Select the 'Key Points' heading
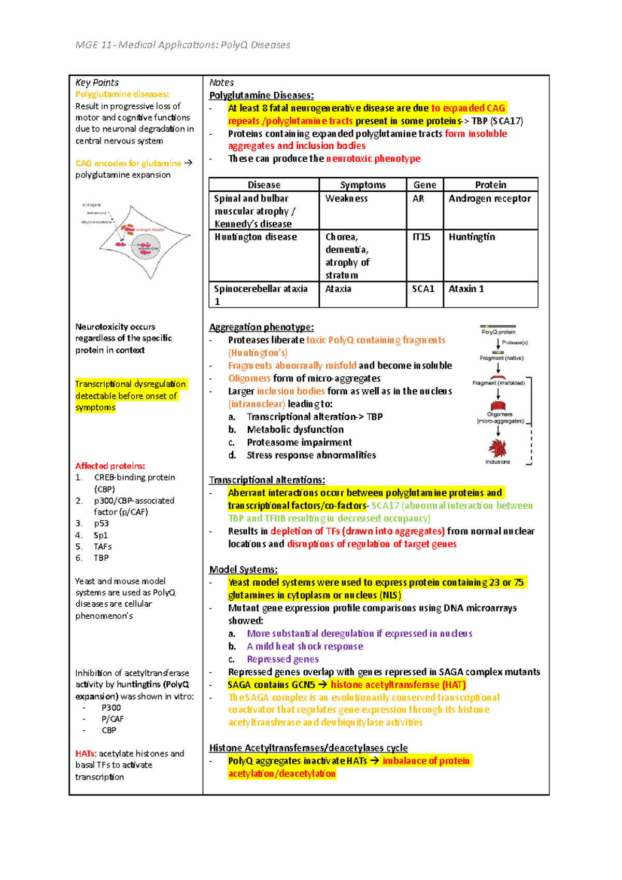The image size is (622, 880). point(97,82)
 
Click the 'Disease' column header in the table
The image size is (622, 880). point(264,185)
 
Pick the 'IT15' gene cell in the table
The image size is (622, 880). point(421,237)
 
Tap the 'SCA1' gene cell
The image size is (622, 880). point(423,289)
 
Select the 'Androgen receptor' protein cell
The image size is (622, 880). point(489,198)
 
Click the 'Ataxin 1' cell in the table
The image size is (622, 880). point(466,289)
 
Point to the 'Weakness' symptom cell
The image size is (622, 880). point(346,198)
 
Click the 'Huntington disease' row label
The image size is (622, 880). point(256,237)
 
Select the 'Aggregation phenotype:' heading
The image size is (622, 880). point(261,327)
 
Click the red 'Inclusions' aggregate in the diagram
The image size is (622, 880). point(498,448)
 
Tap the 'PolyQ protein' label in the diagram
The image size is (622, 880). point(498,332)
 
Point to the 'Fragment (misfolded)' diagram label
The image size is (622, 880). point(499,383)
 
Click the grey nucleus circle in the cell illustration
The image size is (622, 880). point(146,248)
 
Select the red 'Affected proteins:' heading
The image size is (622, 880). point(110,466)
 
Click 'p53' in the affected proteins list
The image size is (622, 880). point(101,523)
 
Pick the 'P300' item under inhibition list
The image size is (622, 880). point(111,707)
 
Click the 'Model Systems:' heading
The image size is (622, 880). point(243,570)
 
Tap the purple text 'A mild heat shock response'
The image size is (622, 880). point(305,646)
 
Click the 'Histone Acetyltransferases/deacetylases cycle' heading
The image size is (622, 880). point(308,748)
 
